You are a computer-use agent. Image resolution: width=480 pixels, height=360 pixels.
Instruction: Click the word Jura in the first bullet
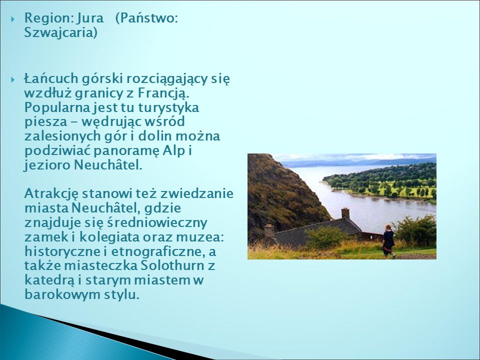[x=90, y=18]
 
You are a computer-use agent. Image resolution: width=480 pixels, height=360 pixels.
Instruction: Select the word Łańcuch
[x=51, y=79]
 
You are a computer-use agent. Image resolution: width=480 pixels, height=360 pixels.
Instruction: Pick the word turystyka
[x=168, y=107]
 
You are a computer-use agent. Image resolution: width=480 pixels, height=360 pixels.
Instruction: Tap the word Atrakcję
[x=51, y=194]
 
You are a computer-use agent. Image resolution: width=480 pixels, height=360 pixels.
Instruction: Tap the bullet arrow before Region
[x=13, y=19]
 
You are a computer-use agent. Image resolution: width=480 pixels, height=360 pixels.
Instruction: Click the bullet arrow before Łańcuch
[x=13, y=80]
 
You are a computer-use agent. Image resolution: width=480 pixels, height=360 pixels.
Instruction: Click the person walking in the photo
[x=388, y=241]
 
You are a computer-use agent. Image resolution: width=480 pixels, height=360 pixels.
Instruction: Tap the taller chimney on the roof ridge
[x=345, y=213]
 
